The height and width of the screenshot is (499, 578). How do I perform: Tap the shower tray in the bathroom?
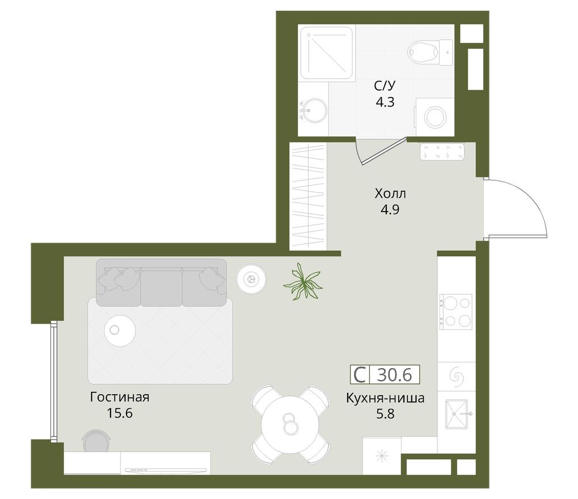tap(326, 52)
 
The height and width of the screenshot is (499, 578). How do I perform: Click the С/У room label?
tap(384, 86)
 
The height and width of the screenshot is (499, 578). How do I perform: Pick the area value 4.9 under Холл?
tap(390, 209)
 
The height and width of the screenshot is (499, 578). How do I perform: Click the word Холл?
tap(390, 194)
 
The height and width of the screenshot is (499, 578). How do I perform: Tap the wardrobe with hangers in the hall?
tap(308, 196)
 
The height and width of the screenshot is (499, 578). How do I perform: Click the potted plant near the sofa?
tap(303, 281)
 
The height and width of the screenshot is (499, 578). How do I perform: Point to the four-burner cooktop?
tap(456, 311)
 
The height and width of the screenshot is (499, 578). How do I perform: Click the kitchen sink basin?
tap(456, 414)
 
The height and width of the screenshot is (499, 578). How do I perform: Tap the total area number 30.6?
tap(395, 375)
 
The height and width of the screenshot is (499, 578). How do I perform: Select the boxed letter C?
tap(360, 375)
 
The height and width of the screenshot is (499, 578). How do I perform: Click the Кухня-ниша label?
tap(385, 397)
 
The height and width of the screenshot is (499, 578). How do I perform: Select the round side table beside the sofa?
tap(251, 278)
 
